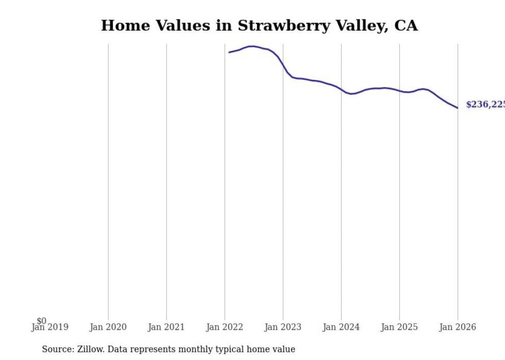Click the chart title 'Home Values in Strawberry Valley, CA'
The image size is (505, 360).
tap(259, 26)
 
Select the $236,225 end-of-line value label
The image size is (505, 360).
tap(484, 105)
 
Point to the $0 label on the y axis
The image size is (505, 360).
tap(41, 321)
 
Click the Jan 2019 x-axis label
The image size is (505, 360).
tap(49, 327)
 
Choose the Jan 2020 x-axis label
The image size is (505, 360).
tap(108, 327)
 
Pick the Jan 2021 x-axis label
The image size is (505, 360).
tap(166, 327)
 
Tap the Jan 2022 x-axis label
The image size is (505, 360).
tap(224, 327)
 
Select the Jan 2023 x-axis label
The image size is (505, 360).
tap(282, 327)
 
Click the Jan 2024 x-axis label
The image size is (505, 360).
tap(341, 327)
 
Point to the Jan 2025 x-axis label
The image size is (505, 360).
tap(399, 327)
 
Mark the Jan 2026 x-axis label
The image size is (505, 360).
tap(457, 327)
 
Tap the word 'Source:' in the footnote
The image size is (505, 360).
tap(58, 349)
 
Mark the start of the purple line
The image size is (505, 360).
tap(229, 52)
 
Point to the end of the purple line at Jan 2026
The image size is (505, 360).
tap(457, 108)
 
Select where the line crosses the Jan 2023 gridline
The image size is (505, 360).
tap(283, 65)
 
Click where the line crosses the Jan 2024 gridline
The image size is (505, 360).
tap(341, 89)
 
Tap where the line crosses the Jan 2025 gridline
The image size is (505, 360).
tap(399, 91)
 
